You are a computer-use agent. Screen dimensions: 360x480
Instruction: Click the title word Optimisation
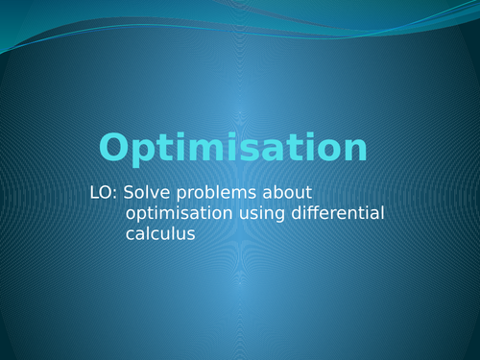[x=233, y=149]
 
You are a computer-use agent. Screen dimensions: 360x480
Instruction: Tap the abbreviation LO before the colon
[x=99, y=193]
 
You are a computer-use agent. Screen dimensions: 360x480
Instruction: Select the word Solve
[x=144, y=193]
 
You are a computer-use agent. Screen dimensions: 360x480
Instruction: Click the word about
[x=287, y=193]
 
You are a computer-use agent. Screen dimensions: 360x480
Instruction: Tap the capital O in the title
[x=115, y=148]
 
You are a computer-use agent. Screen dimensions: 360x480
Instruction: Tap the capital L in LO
[x=92, y=193]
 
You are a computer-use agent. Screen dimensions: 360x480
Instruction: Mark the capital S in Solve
[x=127, y=193]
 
